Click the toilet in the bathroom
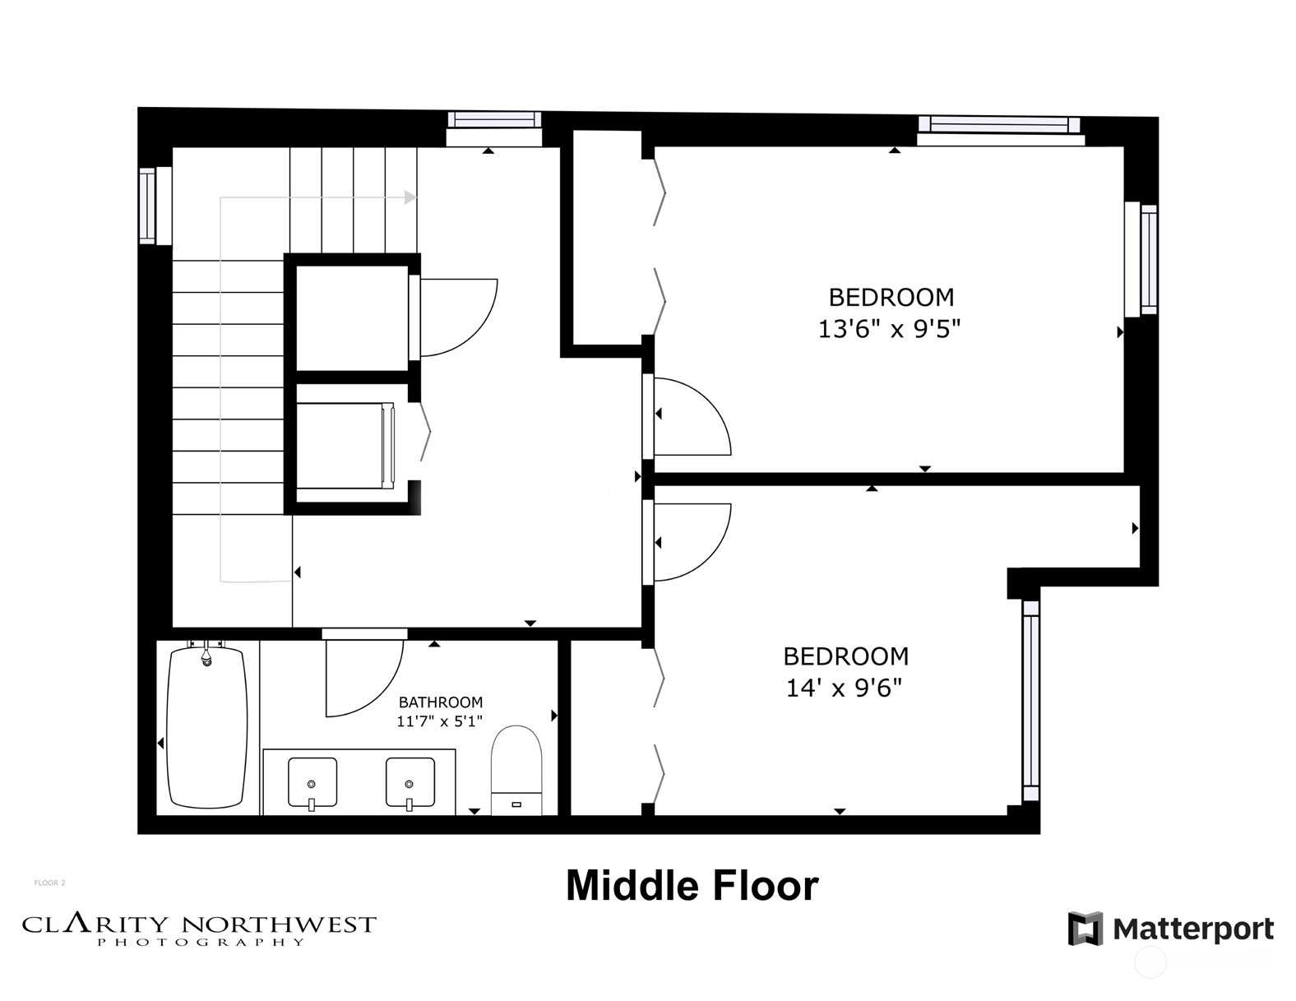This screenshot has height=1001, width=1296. click(x=516, y=770)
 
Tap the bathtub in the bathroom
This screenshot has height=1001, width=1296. click(x=207, y=728)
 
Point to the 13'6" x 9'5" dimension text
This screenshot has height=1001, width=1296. click(x=889, y=329)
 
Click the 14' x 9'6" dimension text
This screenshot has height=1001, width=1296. click(x=844, y=688)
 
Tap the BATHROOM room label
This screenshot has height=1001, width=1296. click(x=441, y=702)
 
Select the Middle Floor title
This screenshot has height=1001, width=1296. click(x=692, y=886)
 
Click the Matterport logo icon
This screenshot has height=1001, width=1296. click(x=1085, y=929)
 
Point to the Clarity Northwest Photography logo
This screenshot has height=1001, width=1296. click(x=199, y=930)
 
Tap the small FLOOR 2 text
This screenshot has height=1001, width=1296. click(x=49, y=883)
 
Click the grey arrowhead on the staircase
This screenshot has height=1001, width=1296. click(x=410, y=197)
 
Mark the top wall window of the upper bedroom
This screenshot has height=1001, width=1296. click(x=1000, y=130)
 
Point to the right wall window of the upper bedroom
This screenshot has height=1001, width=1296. click(x=1141, y=259)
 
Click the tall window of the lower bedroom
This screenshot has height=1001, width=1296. click(x=1030, y=700)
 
